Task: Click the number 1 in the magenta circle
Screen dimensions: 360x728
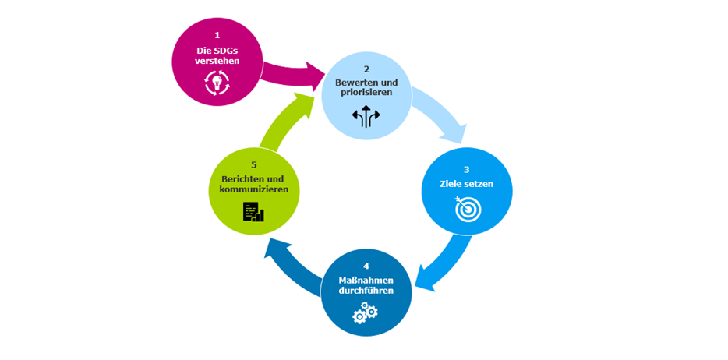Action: point(217,35)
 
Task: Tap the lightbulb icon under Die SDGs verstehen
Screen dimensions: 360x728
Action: point(216,82)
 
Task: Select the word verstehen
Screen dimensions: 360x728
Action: point(217,61)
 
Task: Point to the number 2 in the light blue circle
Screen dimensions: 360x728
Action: point(366,68)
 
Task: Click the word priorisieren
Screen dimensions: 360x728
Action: point(366,92)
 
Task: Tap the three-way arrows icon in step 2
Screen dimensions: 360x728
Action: point(366,117)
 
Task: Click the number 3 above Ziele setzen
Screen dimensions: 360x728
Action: point(466,169)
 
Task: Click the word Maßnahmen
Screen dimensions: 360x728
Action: point(366,280)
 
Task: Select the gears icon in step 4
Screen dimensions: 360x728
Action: point(365,313)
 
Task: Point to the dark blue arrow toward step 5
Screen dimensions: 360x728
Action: point(292,260)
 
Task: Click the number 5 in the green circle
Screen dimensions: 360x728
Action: point(254,165)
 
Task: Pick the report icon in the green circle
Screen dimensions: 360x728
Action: point(253,212)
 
